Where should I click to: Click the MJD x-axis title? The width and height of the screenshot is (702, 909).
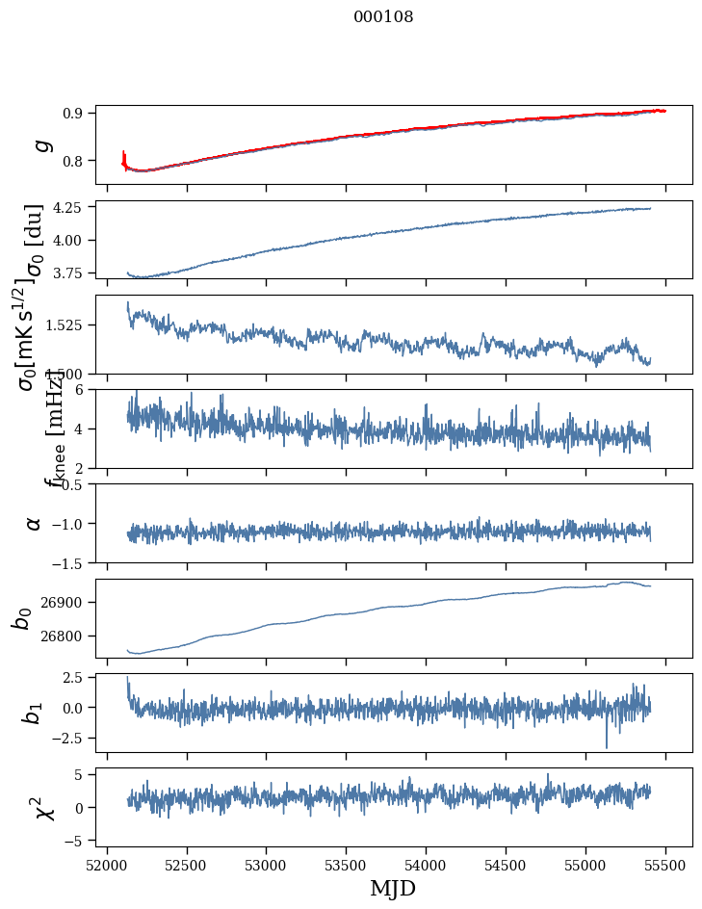coord(393,888)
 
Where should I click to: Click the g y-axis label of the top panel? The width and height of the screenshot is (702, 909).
coord(39,144)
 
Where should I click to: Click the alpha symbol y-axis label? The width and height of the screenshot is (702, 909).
coord(34,523)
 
